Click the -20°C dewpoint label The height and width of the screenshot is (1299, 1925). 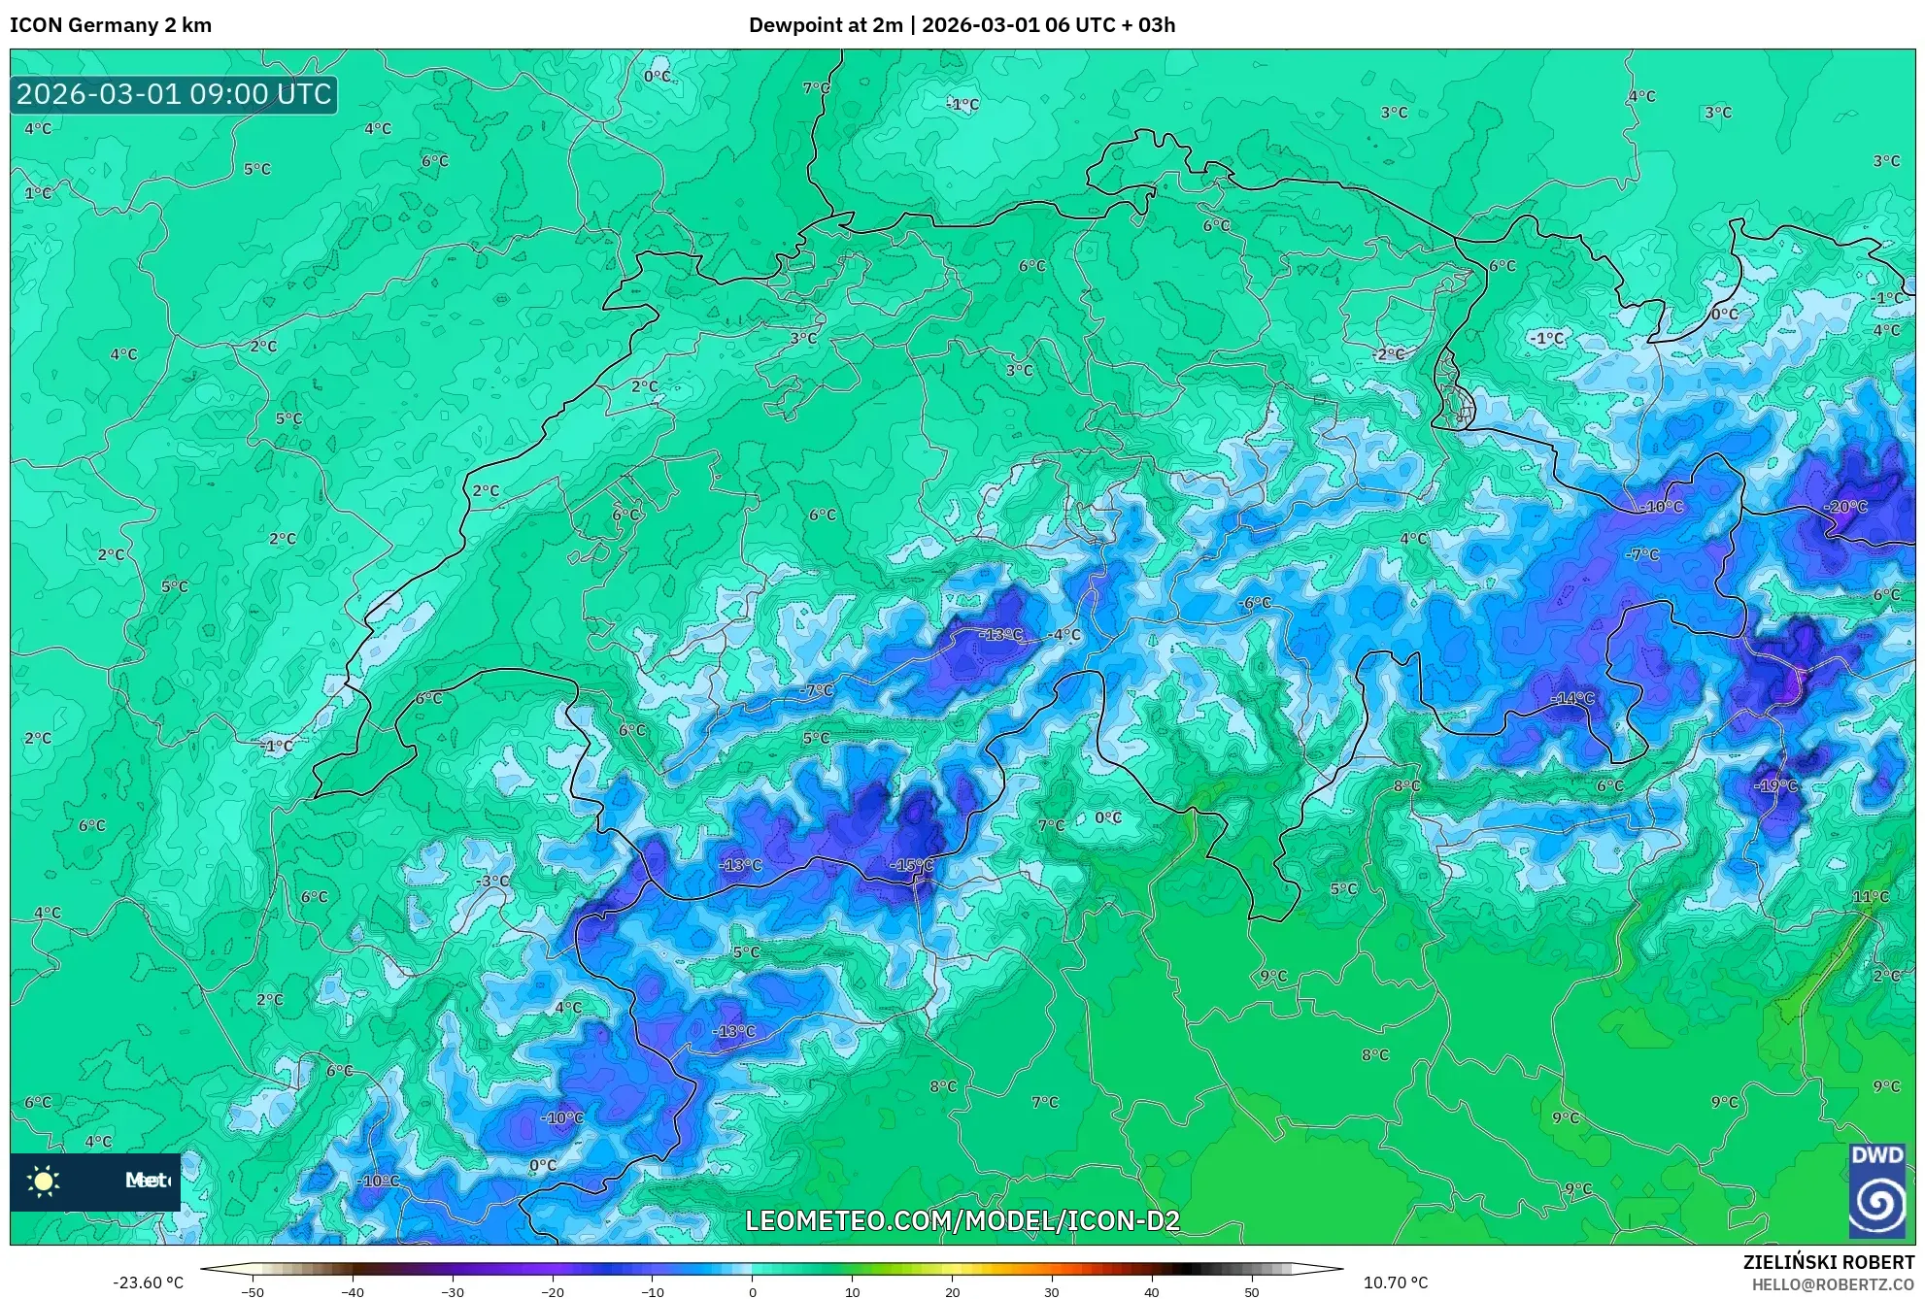coord(1845,507)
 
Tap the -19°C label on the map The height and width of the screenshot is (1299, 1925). coord(1776,785)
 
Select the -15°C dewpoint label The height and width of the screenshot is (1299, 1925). coord(912,865)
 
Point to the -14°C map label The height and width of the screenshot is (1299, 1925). coord(1571,698)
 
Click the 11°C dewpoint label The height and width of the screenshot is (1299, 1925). coord(1871,896)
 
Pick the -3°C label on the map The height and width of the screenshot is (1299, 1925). coord(492,881)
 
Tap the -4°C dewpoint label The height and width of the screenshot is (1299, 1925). coord(1064,635)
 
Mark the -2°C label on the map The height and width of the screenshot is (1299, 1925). coord(1389,354)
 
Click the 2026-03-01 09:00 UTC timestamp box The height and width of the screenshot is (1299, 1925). coord(174,94)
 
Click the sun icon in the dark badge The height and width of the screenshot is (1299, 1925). coord(44,1181)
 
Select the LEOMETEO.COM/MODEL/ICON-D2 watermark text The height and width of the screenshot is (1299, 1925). coord(962,1220)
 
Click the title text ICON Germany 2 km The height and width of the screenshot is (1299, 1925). coord(111,25)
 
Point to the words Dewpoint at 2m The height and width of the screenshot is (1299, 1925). coord(826,25)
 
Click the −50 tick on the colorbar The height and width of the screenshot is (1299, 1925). coord(253,1292)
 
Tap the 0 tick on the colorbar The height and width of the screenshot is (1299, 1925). coord(752,1292)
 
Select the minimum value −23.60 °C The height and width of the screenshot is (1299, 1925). coord(148,1282)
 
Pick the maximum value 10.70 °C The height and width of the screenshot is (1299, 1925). coord(1395,1282)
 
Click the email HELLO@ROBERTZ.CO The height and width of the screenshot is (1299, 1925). coord(1832,1284)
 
